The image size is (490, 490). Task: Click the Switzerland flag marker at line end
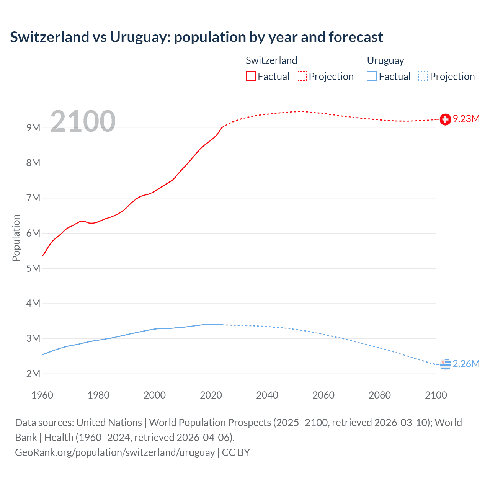tap(445, 119)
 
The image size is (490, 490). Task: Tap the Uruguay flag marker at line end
tap(445, 364)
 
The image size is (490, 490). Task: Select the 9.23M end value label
tap(466, 119)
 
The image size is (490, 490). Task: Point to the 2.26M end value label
tap(466, 364)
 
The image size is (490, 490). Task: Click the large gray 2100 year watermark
tap(83, 121)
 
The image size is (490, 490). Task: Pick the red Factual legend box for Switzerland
tap(250, 76)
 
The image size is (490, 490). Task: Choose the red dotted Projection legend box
tap(302, 76)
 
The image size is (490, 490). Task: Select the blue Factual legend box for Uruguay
tap(371, 76)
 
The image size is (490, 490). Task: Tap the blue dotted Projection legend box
tap(423, 76)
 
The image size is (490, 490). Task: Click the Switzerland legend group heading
tap(271, 60)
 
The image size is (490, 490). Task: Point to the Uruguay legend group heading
tap(385, 60)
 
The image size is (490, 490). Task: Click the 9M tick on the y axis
tap(33, 128)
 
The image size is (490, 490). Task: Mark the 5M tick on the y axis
tap(33, 268)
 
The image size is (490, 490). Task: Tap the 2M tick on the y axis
tap(33, 374)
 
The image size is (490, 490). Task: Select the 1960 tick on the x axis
tap(42, 395)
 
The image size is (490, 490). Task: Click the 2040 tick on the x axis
tap(267, 395)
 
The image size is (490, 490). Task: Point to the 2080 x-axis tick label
tap(380, 395)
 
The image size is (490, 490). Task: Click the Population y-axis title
tap(16, 238)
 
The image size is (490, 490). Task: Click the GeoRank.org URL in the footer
tap(115, 452)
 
